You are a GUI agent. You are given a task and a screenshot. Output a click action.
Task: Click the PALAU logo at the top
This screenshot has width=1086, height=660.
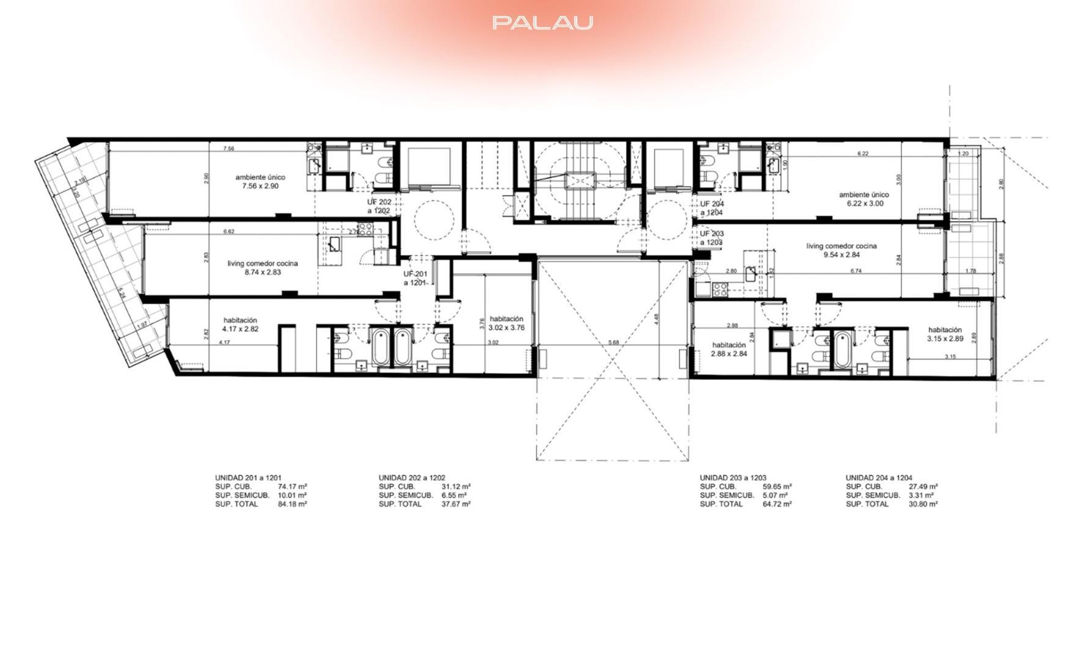[542, 23]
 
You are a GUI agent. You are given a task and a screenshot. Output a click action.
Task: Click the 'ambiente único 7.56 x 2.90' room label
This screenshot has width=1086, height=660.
[260, 182]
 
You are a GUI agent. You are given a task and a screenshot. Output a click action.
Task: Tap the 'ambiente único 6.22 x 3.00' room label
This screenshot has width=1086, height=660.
[861, 199]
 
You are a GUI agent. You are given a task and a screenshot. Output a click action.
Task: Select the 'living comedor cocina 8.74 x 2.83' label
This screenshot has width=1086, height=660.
[263, 268]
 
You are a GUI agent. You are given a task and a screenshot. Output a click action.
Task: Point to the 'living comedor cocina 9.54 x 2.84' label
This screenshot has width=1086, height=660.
[842, 251]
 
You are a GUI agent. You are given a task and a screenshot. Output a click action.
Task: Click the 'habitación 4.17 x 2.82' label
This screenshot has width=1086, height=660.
[240, 324]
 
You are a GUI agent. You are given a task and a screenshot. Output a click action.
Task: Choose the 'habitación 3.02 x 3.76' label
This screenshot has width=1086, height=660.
[506, 323]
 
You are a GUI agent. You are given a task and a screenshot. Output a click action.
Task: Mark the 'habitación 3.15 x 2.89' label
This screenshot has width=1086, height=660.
[945, 334]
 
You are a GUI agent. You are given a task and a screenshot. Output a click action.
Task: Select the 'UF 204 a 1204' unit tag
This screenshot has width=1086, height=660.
[712, 208]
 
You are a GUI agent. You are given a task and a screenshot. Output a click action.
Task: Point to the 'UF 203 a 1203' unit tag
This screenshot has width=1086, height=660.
[712, 238]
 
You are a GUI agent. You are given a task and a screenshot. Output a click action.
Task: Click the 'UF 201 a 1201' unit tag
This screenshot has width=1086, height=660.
[415, 279]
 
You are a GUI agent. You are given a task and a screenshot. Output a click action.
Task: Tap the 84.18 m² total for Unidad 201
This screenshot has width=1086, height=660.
[292, 504]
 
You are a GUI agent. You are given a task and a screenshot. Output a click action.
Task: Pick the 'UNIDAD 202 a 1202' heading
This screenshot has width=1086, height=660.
[412, 478]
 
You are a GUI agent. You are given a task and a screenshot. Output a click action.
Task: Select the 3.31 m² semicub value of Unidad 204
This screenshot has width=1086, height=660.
[921, 495]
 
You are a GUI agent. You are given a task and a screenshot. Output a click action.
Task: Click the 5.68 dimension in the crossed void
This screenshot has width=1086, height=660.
[614, 342]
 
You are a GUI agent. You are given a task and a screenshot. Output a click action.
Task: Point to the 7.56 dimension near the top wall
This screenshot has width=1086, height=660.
[228, 148]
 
